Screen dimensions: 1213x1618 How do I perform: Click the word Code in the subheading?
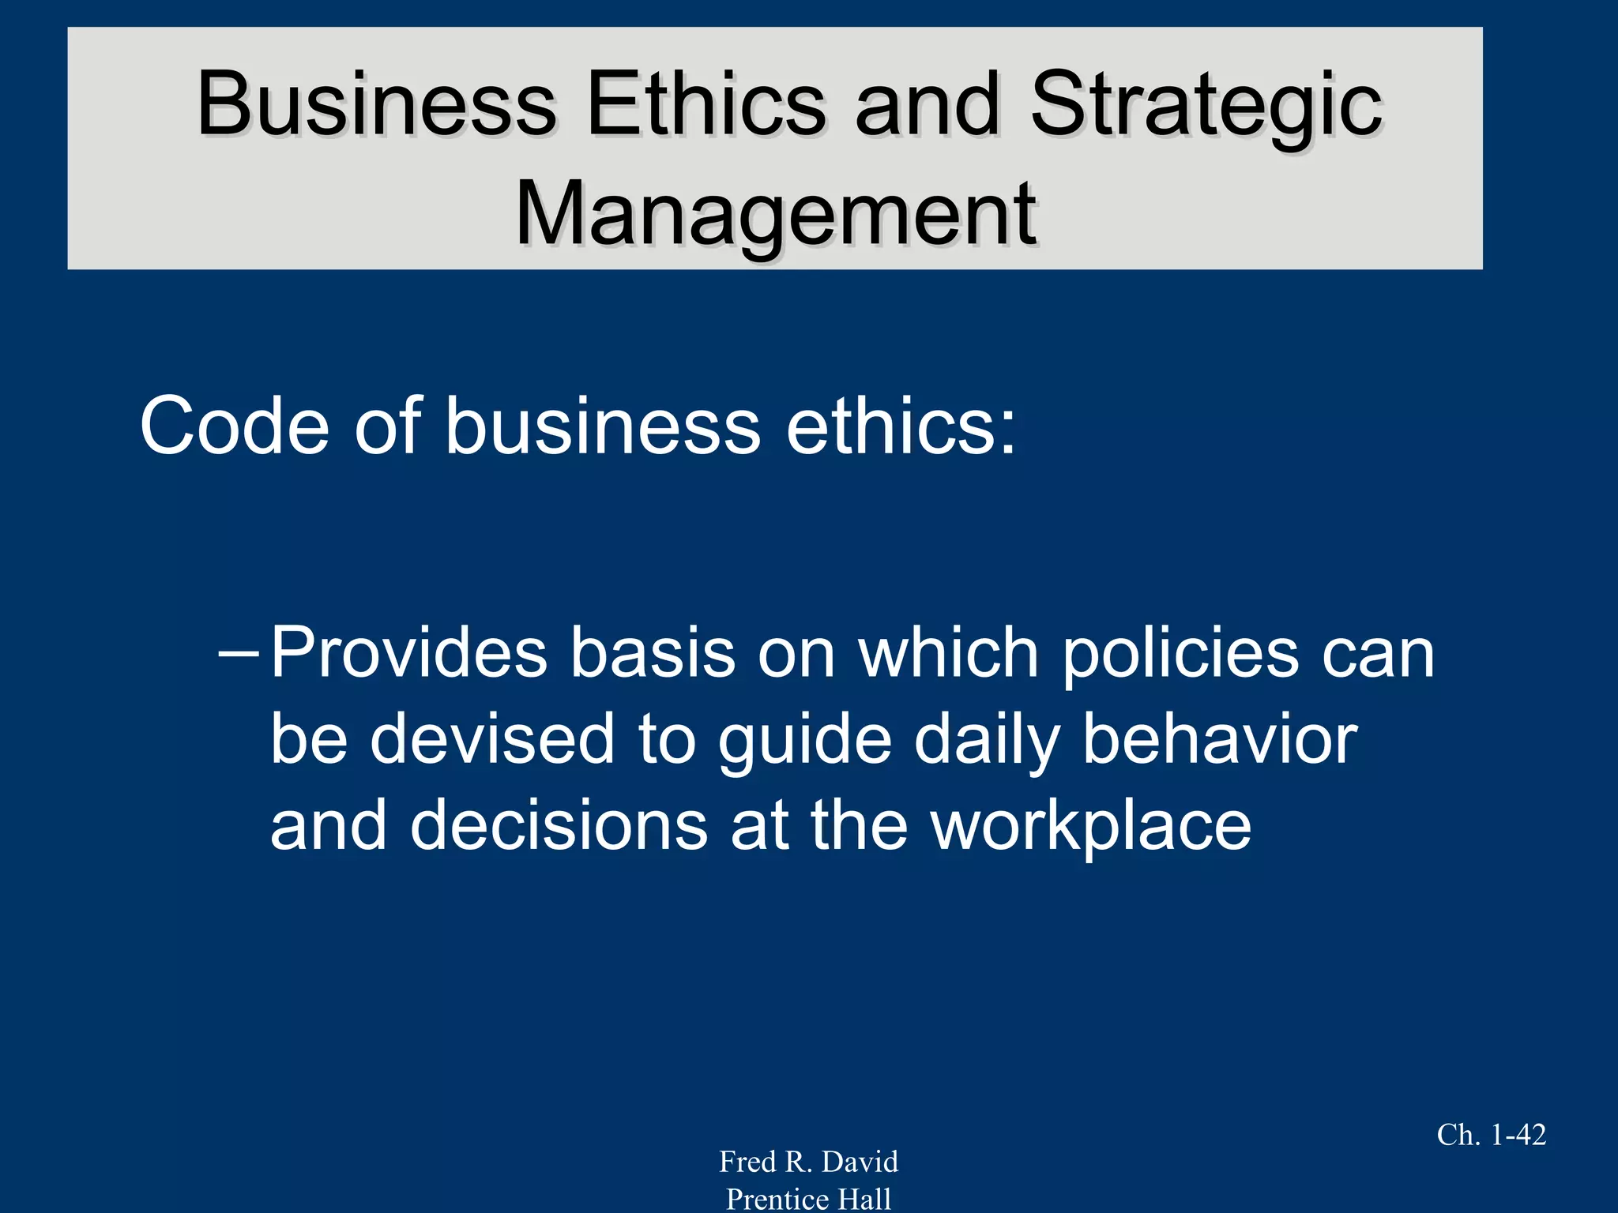tap(234, 426)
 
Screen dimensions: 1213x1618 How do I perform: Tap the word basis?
tap(653, 654)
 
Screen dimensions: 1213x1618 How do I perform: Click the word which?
tap(948, 654)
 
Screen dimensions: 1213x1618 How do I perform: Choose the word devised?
tap(491, 739)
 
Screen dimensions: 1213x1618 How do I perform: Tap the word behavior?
tap(1220, 739)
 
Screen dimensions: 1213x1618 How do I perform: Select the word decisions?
tap(558, 825)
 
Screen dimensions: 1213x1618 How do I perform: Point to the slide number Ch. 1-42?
tap(1491, 1135)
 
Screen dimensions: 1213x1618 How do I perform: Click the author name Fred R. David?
tap(808, 1162)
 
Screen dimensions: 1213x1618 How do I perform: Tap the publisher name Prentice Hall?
tap(808, 1199)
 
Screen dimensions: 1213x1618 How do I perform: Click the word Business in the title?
tap(377, 104)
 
